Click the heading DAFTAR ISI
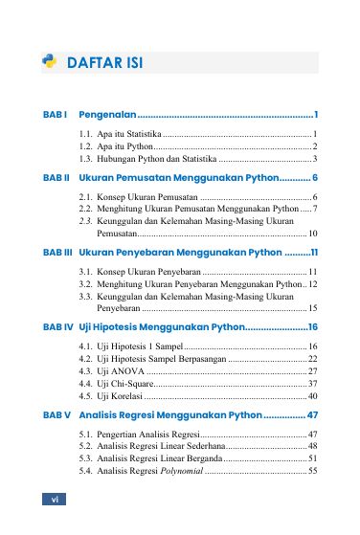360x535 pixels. (x=104, y=63)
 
